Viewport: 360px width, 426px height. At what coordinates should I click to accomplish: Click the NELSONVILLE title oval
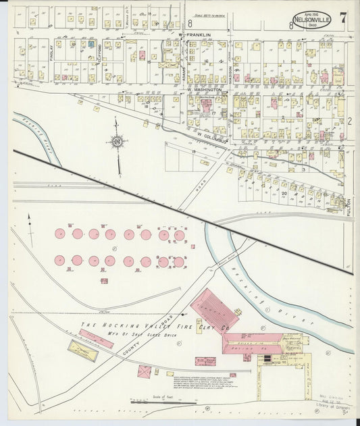click(311, 19)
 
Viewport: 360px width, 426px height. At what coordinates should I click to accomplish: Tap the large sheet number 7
click(344, 18)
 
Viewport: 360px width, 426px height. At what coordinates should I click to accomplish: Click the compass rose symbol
click(118, 142)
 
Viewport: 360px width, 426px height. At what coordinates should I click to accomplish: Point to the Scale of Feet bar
click(159, 400)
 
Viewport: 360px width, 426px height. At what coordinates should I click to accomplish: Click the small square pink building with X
click(145, 371)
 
